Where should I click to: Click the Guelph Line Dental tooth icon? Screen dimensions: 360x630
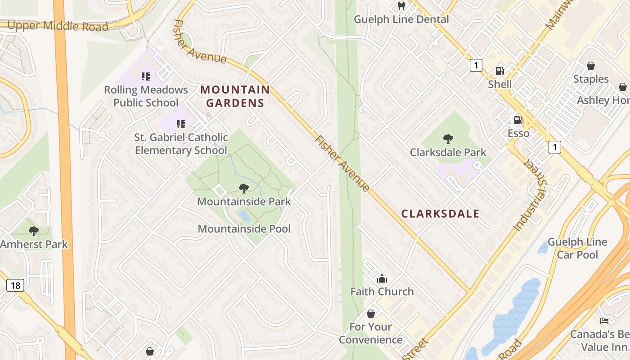(401, 6)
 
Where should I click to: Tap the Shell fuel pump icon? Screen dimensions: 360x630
(499, 71)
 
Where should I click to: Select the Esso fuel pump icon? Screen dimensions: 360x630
(518, 120)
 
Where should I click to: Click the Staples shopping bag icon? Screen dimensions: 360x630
(591, 66)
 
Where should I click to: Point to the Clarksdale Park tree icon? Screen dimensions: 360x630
(448, 139)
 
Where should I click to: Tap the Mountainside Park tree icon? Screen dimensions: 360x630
(244, 188)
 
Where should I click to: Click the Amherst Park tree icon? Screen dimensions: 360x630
(33, 231)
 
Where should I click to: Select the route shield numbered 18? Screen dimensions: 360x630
(15, 285)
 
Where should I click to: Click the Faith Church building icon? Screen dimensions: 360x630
(382, 279)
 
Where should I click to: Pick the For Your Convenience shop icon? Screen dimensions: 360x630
(371, 313)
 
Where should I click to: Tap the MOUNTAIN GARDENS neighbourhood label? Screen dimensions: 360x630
(235, 96)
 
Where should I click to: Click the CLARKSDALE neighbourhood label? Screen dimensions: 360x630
(440, 214)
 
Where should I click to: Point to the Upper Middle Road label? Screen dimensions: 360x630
(58, 26)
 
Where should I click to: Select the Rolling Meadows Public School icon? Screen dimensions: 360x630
(145, 76)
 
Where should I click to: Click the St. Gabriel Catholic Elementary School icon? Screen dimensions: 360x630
(181, 124)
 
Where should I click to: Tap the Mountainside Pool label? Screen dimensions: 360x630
(244, 229)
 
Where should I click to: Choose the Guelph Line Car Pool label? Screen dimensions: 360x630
(577, 248)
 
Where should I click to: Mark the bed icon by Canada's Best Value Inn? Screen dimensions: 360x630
(605, 321)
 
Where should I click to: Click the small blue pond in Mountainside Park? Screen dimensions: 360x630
(244, 216)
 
